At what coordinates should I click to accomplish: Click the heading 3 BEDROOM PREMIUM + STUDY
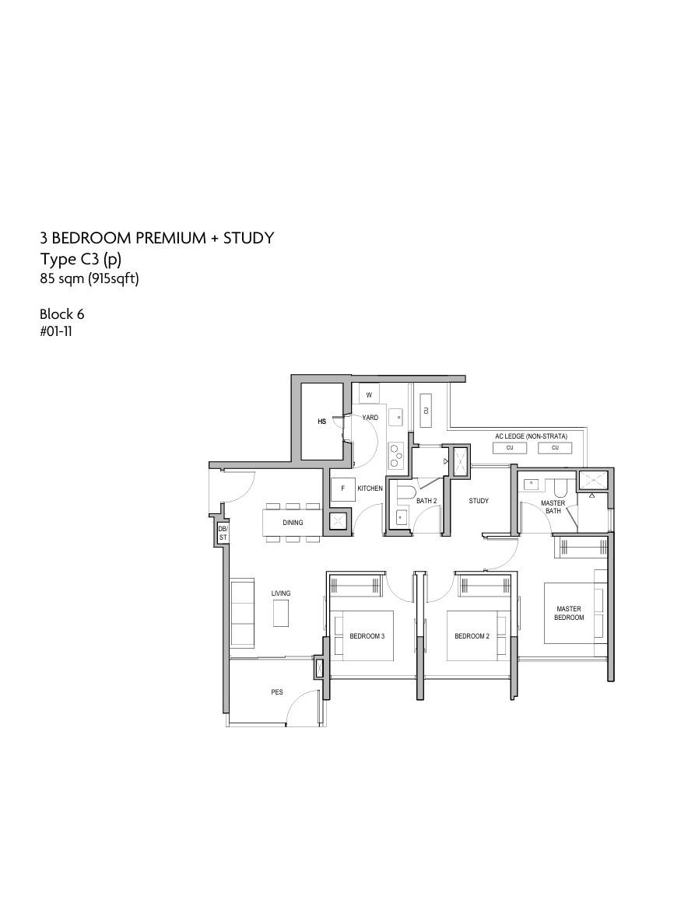click(x=157, y=237)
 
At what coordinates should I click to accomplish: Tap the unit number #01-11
click(x=56, y=331)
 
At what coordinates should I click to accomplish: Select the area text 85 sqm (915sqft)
click(x=90, y=278)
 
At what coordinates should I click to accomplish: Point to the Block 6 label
click(x=62, y=313)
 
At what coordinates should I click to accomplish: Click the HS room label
click(x=322, y=422)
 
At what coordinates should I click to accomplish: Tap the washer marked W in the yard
click(x=369, y=395)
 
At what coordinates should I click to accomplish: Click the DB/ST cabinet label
click(x=223, y=534)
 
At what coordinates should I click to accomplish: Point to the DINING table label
click(x=293, y=522)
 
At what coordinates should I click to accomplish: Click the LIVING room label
click(x=281, y=593)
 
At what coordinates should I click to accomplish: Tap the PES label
click(x=276, y=691)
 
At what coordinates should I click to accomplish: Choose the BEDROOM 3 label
click(x=367, y=636)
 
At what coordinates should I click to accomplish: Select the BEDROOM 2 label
click(x=472, y=636)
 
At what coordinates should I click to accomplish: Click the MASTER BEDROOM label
click(x=569, y=613)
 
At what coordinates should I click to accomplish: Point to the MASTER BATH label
click(x=553, y=507)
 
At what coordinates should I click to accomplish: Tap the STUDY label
click(x=479, y=501)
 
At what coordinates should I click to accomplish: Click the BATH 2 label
click(x=427, y=501)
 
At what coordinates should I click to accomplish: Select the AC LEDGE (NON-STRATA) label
click(x=532, y=436)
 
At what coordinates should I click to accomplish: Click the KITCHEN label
click(x=370, y=488)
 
